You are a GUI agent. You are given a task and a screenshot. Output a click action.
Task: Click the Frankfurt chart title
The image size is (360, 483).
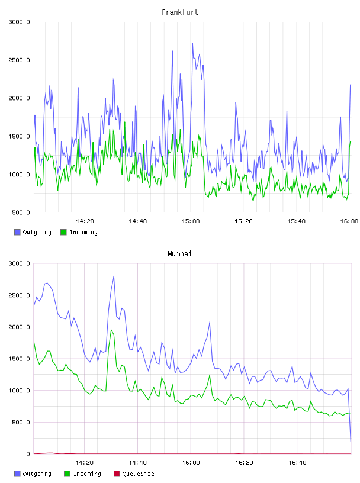click(x=180, y=12)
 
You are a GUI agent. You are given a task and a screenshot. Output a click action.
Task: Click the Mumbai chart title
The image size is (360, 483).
click(x=179, y=253)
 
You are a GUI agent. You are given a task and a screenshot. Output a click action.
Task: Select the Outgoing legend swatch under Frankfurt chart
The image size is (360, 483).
click(x=17, y=232)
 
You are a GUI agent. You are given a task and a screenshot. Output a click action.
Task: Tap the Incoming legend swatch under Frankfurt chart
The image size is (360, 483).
click(x=63, y=232)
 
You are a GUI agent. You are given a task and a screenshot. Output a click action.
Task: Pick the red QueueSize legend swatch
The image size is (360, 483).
click(x=117, y=474)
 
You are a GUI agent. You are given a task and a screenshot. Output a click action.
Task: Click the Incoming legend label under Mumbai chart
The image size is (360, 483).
click(x=87, y=474)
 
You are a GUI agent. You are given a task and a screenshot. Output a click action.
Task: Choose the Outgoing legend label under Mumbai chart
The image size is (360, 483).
click(x=37, y=474)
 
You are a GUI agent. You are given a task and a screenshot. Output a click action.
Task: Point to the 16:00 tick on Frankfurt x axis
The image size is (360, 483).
click(x=349, y=221)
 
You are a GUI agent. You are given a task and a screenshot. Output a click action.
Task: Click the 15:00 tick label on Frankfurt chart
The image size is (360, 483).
click(x=191, y=221)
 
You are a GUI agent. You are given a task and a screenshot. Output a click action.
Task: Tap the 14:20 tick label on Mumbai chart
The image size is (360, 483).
click(x=85, y=462)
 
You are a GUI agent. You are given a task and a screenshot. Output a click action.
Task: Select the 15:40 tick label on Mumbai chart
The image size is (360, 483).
click(x=297, y=462)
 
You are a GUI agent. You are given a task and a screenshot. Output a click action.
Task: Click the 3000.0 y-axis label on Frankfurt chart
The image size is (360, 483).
click(x=19, y=22)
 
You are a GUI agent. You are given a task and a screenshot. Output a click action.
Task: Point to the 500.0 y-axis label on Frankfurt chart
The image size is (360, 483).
click(x=21, y=212)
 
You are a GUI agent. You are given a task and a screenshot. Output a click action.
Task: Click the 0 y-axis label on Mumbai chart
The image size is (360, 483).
click(x=28, y=454)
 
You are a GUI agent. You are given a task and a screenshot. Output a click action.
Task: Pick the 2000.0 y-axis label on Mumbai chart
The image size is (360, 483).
click(x=19, y=327)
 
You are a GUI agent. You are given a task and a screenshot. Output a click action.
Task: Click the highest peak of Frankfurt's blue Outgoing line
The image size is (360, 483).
click(x=192, y=43)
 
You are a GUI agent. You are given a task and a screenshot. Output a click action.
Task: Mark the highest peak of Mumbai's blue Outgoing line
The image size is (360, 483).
click(x=114, y=275)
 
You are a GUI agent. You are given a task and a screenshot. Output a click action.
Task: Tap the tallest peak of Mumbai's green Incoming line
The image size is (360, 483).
click(x=111, y=330)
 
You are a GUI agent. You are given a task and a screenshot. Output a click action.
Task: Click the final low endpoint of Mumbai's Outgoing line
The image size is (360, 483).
click(x=351, y=442)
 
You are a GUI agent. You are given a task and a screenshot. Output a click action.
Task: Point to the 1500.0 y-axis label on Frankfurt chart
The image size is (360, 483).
click(x=19, y=136)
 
